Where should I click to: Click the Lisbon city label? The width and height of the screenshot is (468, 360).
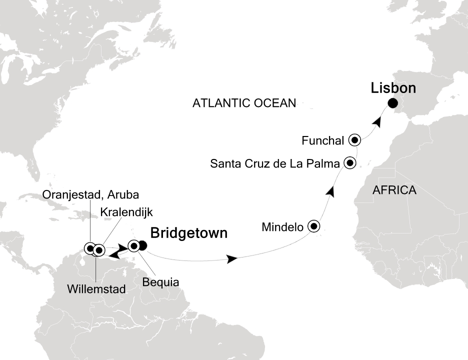click(393, 88)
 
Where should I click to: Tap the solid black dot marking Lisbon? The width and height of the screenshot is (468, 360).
click(392, 103)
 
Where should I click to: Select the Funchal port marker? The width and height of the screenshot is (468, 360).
click(355, 140)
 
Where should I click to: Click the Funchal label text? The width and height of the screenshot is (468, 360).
click(323, 141)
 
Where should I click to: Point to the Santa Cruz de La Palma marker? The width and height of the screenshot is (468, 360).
click(349, 162)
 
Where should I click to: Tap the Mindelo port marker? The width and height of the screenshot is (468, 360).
click(313, 226)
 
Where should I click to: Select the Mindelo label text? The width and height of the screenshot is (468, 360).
click(282, 227)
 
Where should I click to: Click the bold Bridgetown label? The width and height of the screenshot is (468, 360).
click(188, 233)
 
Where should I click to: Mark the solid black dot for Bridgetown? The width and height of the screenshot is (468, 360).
click(142, 245)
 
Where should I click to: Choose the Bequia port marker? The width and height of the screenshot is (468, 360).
click(133, 245)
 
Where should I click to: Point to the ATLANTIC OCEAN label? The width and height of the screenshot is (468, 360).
click(244, 103)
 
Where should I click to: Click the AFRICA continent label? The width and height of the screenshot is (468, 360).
click(394, 190)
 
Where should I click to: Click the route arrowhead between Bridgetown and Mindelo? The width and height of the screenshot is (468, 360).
click(231, 259)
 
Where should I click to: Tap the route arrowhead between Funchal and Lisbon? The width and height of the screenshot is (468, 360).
click(380, 121)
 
